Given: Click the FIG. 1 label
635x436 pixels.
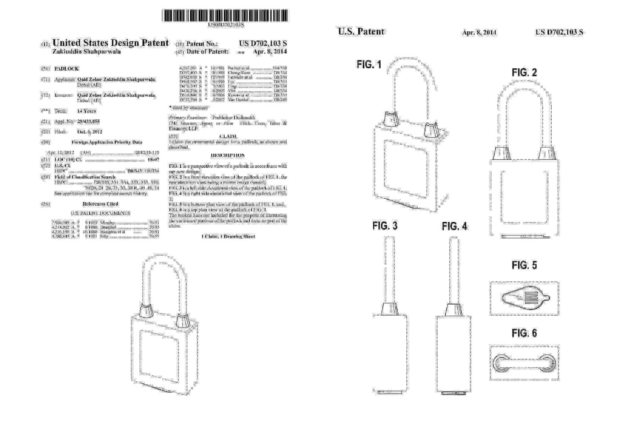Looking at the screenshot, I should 369,65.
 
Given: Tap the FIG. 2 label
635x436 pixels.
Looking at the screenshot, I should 524,73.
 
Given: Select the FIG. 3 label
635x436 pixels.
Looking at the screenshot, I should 385,226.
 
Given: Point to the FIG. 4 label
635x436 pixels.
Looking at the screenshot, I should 454,226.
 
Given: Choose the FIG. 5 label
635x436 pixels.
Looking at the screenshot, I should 524,265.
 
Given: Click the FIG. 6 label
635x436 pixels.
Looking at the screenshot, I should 524,333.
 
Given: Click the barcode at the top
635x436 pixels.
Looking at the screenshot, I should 225,15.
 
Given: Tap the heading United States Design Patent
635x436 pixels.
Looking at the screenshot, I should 110,43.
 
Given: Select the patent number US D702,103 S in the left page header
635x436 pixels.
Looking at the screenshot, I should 263,44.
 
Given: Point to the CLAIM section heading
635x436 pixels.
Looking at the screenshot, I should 228,136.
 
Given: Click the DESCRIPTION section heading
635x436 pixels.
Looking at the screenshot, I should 228,155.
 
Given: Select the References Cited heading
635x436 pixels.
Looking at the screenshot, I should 100,204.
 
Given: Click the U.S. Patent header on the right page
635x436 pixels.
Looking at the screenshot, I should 361,32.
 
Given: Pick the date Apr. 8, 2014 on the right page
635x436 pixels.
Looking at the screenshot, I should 479,33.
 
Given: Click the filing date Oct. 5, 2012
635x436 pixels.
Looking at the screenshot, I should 90,132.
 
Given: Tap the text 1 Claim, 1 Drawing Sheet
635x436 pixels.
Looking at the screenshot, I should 228,237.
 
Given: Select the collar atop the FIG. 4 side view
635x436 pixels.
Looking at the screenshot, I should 453,310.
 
